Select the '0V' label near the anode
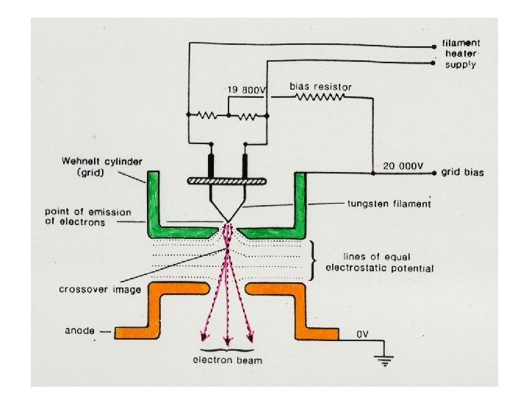point(362,335)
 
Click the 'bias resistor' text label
point(321,87)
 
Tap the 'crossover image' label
point(91,289)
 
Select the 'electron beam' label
point(227,360)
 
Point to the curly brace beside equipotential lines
point(314,258)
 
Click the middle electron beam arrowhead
point(227,341)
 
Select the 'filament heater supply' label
point(460,54)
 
